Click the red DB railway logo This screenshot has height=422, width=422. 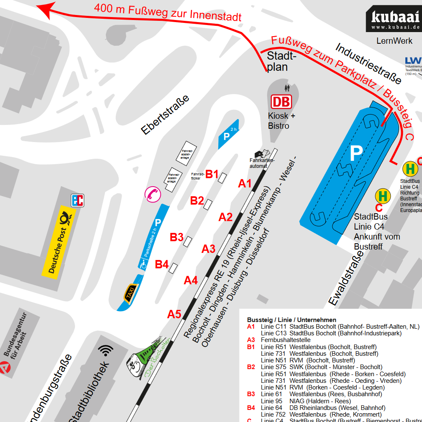(281, 102)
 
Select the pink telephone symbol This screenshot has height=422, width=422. (152, 194)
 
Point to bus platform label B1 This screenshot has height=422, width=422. (212, 174)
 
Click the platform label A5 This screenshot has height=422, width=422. (174, 314)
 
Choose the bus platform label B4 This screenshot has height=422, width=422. (162, 264)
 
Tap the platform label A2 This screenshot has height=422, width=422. (226, 217)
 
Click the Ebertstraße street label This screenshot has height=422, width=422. (165, 115)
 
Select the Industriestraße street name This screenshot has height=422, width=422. (368, 63)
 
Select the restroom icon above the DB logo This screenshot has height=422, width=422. (287, 88)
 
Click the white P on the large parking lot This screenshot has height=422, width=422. (356, 153)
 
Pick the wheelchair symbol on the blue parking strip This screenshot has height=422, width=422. (143, 263)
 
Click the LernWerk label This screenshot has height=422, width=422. (394, 41)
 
